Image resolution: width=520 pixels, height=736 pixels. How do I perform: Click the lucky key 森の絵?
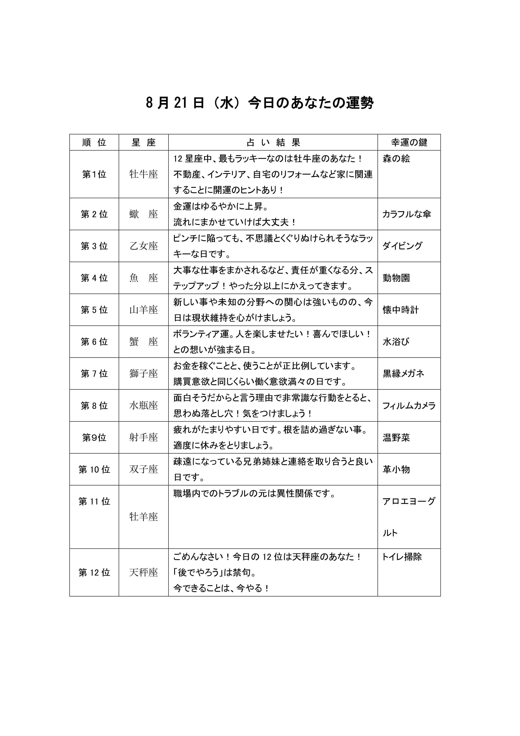tap(396, 159)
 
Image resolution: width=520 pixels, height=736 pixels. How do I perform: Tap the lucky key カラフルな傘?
tap(407, 214)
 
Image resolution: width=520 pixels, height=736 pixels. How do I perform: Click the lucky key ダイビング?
tap(402, 246)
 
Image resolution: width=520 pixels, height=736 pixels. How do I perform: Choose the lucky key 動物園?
tap(396, 278)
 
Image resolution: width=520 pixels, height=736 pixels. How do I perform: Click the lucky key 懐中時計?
tap(400, 310)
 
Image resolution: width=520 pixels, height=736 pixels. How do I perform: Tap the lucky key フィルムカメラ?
tap(409, 406)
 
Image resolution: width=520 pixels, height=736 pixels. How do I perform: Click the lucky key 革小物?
tap(396, 470)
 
